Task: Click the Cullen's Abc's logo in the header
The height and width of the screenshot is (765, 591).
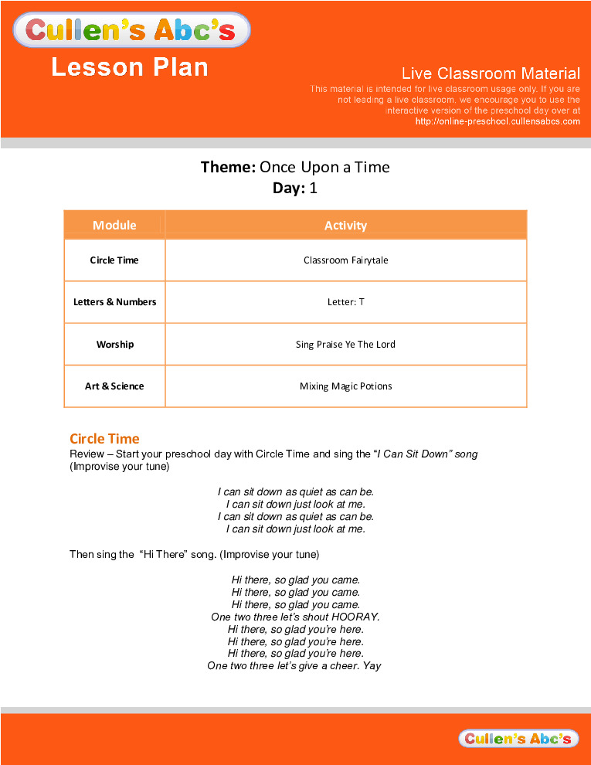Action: point(132,30)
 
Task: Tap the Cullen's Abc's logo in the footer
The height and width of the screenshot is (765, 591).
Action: point(518,739)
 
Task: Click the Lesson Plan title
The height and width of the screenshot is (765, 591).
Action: point(130,67)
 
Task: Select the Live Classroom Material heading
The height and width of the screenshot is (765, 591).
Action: point(491,73)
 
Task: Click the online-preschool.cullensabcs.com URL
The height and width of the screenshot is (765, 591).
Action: point(498,121)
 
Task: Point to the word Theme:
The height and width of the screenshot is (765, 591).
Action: point(228,167)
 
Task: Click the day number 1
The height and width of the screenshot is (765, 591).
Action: point(314,188)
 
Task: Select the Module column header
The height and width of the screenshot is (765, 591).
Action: point(114,225)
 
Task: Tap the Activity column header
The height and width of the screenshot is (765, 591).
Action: point(345,226)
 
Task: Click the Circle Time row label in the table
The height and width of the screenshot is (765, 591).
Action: point(114,260)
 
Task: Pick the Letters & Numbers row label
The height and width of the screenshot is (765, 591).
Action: point(114,302)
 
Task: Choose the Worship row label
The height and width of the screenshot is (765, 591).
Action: point(114,344)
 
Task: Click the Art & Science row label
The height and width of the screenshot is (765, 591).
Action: point(114,386)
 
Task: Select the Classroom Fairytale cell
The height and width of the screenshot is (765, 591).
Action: point(345,260)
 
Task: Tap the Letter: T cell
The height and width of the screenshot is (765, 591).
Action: point(345,302)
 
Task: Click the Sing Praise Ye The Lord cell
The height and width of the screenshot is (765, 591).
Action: point(345,344)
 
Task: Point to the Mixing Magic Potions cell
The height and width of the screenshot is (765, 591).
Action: point(345,386)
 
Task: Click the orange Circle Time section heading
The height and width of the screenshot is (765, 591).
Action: point(104,439)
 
